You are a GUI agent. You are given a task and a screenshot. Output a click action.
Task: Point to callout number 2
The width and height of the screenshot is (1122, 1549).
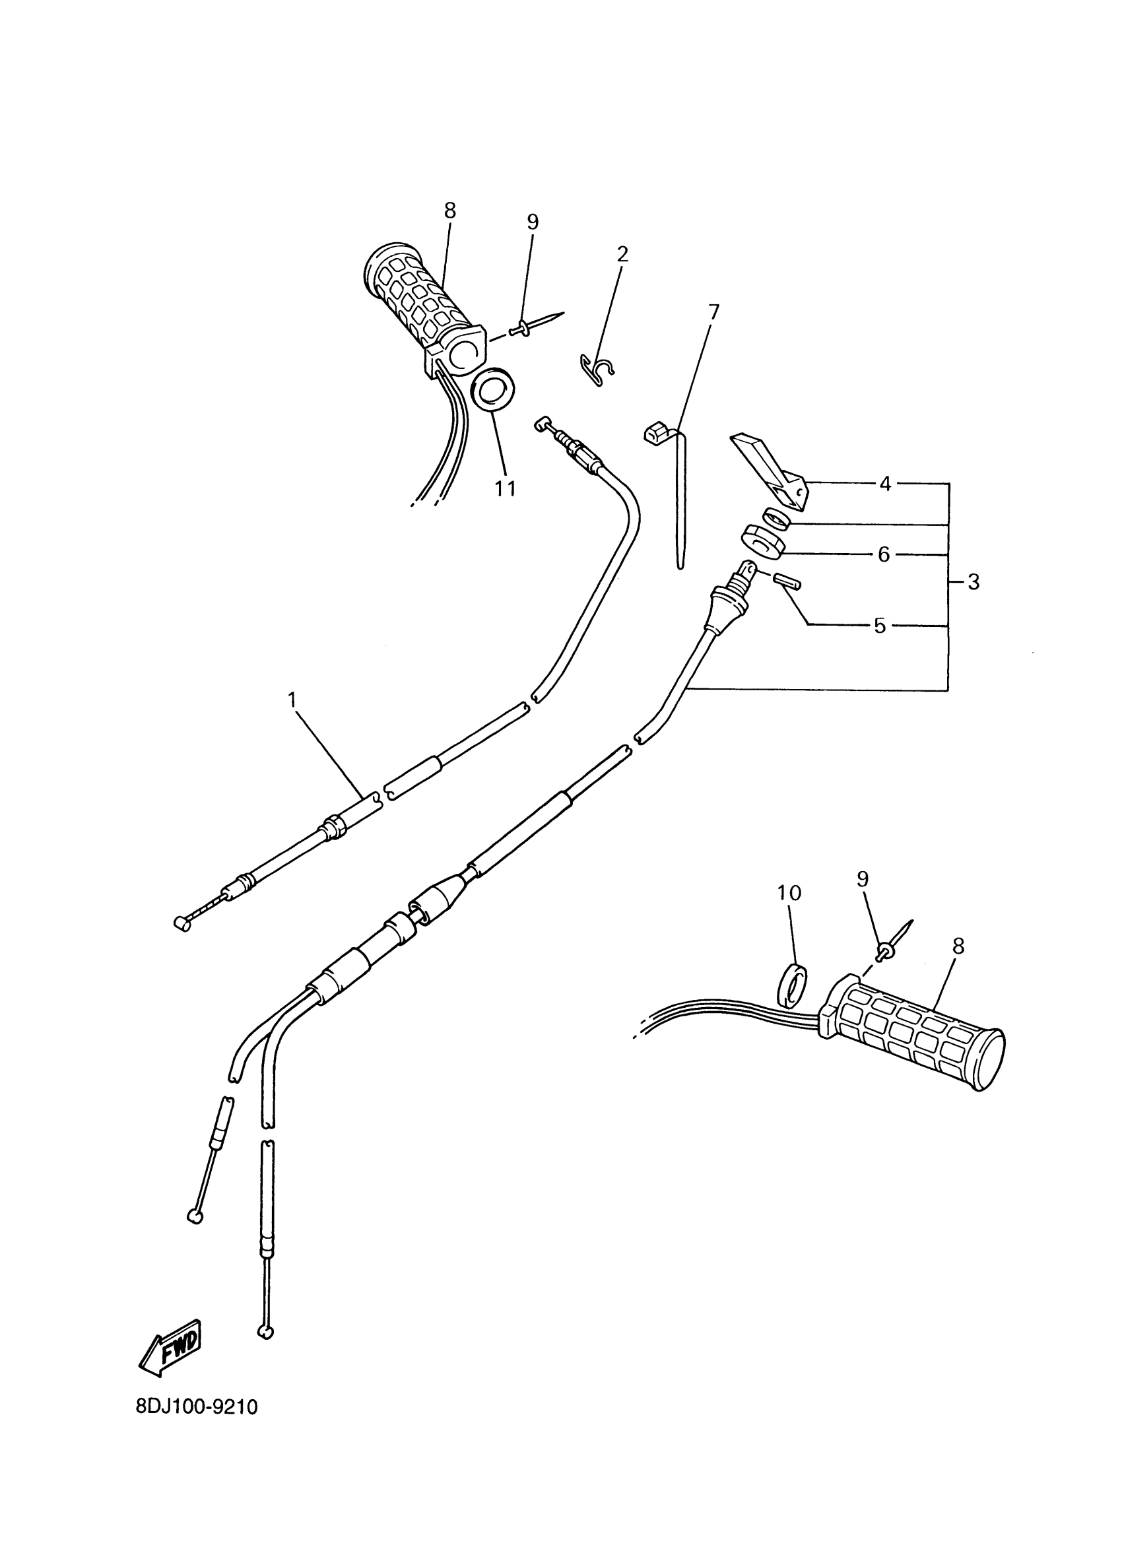coord(622,255)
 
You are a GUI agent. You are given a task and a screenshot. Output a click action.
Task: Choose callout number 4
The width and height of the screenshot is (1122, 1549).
coord(885,484)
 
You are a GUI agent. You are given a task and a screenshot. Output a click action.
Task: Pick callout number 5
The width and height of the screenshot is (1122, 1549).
coord(880,626)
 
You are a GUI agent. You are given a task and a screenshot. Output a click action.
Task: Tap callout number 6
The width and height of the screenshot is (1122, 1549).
coord(884,554)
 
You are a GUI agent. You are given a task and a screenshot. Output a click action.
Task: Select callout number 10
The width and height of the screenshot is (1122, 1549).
coord(789,893)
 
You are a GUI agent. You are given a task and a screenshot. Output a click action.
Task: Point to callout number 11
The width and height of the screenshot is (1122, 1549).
coord(506,488)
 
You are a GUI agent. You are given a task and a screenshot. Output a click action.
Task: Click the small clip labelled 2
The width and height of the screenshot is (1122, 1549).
coord(596,370)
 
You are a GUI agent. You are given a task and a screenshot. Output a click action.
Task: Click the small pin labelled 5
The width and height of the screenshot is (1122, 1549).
coord(787,583)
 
